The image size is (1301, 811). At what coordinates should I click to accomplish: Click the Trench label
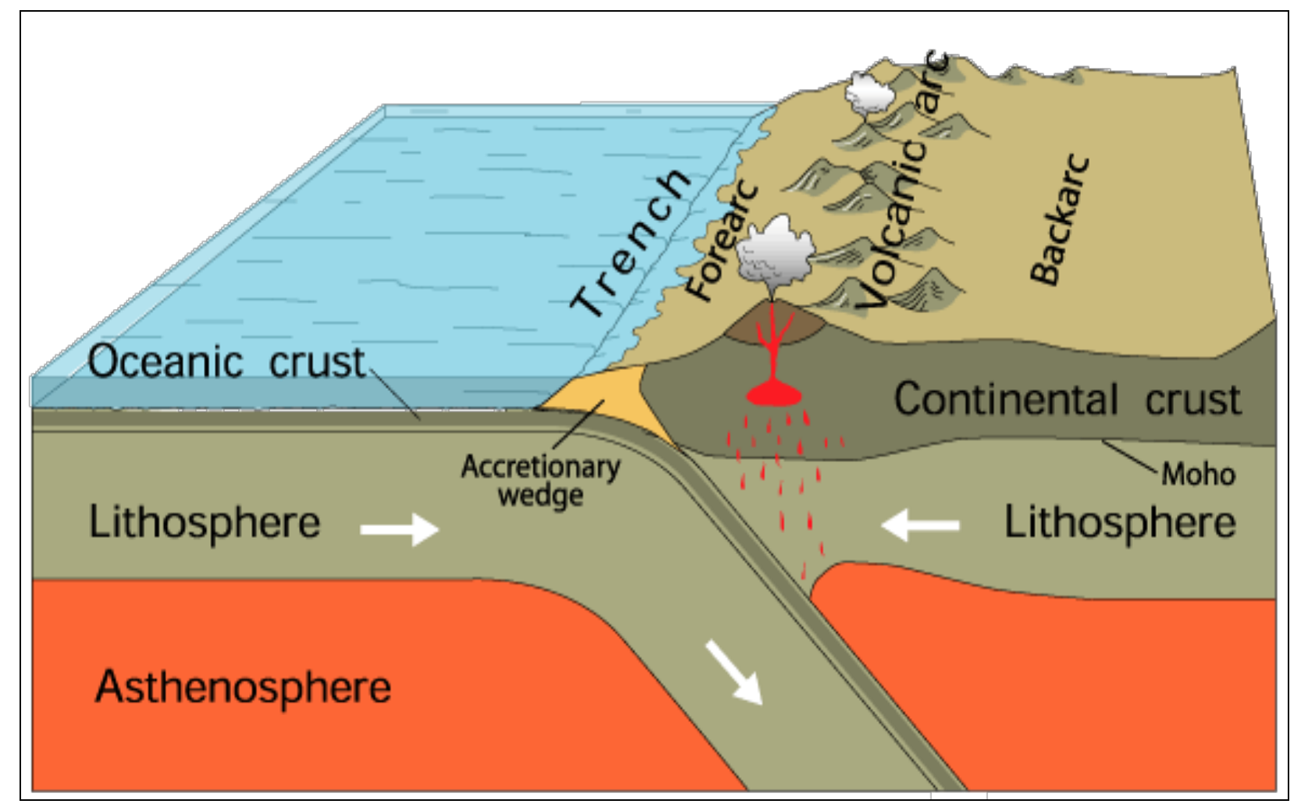pos(631,244)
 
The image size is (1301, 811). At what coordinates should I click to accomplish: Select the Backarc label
pos(1059,219)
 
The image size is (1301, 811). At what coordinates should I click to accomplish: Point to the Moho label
pos(1198,474)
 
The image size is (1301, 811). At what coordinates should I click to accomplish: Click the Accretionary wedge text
pos(540,480)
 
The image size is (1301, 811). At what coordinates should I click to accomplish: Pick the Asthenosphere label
pos(243,687)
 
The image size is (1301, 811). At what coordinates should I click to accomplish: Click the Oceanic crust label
pos(226,362)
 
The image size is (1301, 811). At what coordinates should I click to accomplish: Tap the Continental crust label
pos(1066,400)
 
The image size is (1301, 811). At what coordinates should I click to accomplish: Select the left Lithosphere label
pos(204,521)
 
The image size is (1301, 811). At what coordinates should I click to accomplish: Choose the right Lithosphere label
pos(1119,521)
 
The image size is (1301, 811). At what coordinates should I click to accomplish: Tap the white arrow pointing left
pos(920,525)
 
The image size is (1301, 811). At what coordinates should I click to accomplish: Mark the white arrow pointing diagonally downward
pos(734,672)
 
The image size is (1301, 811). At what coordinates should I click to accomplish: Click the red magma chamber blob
pos(774,393)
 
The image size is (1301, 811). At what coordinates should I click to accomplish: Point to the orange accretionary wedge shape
pos(605,398)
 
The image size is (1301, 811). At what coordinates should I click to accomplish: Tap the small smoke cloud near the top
pos(869,93)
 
